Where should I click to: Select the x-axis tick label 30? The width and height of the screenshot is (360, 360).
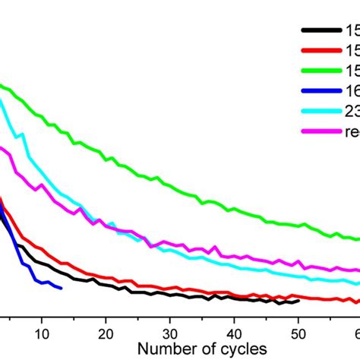point(171,331)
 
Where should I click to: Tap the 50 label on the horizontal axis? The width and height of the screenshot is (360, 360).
point(299,331)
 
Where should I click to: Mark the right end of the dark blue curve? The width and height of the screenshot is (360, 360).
point(62,288)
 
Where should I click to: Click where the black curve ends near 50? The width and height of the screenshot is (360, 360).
point(299,301)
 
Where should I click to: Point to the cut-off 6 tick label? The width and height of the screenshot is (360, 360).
point(356,331)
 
